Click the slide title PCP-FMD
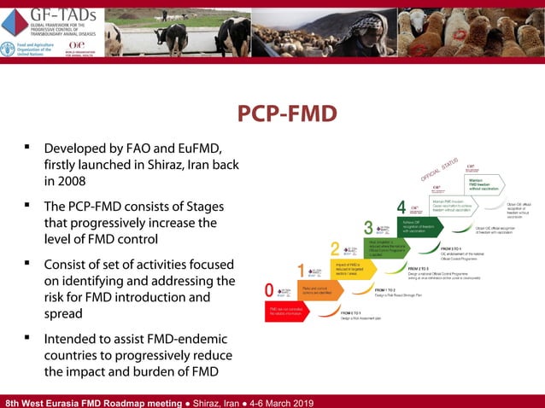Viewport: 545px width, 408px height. (x=286, y=114)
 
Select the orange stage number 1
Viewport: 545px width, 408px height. (x=301, y=271)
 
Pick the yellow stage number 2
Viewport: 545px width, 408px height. (x=335, y=249)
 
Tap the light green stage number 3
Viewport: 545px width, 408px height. (x=368, y=228)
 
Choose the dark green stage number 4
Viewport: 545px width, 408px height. (x=401, y=207)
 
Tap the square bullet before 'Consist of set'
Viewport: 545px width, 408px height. (x=27, y=264)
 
